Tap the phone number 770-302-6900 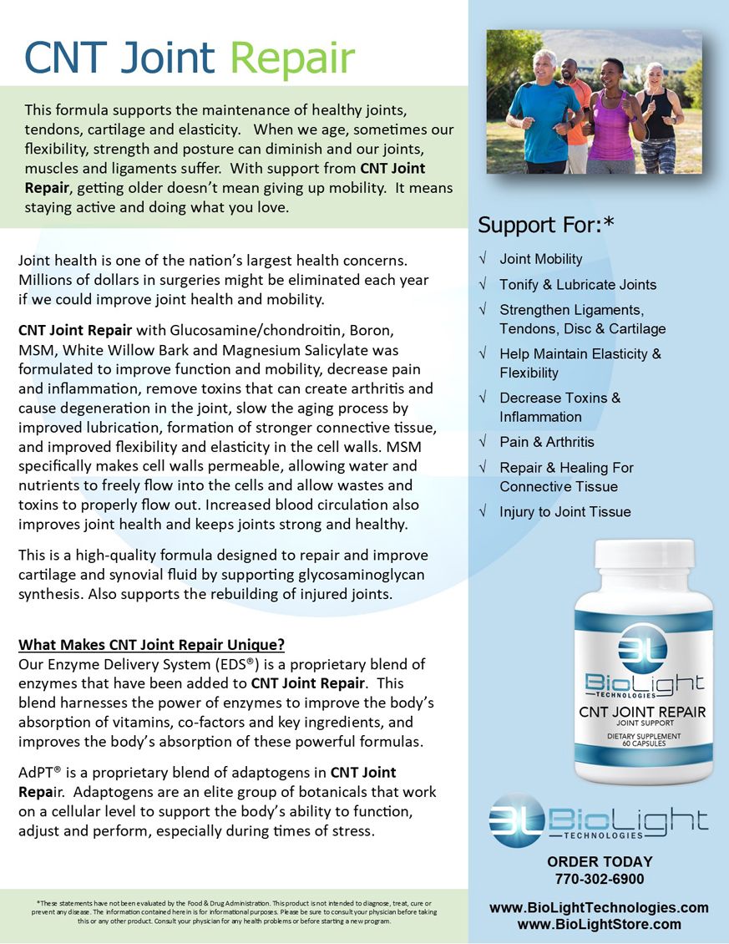(599, 879)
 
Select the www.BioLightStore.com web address (599, 924)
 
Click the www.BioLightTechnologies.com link (599, 907)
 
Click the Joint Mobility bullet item (540, 259)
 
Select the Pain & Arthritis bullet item (547, 442)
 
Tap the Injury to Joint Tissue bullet (564, 512)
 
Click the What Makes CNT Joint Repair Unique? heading (152, 645)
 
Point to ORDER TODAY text (599, 861)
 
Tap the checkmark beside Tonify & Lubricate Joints (483, 285)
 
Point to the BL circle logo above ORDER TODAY (515, 820)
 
